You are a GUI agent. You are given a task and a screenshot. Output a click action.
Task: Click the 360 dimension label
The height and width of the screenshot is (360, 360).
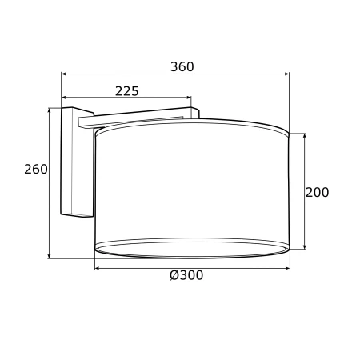pos(182,66)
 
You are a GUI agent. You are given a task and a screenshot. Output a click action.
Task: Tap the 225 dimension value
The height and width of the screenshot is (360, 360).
pos(127,91)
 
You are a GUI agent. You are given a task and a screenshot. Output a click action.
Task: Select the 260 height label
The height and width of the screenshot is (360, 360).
pos(36,169)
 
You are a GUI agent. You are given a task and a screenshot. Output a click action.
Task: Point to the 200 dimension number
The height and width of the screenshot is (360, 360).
pos(317,192)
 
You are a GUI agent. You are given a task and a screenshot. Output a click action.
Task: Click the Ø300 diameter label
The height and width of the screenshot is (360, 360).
pos(186,275)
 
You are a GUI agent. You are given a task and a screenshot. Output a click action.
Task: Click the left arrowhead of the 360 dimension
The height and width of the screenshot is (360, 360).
pos(64,74)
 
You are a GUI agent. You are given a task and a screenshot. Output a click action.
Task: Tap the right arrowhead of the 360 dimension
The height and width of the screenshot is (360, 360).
pos(287,74)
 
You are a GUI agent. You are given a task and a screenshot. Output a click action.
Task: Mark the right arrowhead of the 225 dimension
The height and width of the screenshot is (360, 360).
pos(189,98)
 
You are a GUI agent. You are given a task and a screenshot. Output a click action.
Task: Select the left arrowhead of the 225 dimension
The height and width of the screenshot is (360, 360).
pos(64,98)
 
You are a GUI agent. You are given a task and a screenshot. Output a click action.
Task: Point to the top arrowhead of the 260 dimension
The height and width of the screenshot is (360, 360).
pos(49,110)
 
